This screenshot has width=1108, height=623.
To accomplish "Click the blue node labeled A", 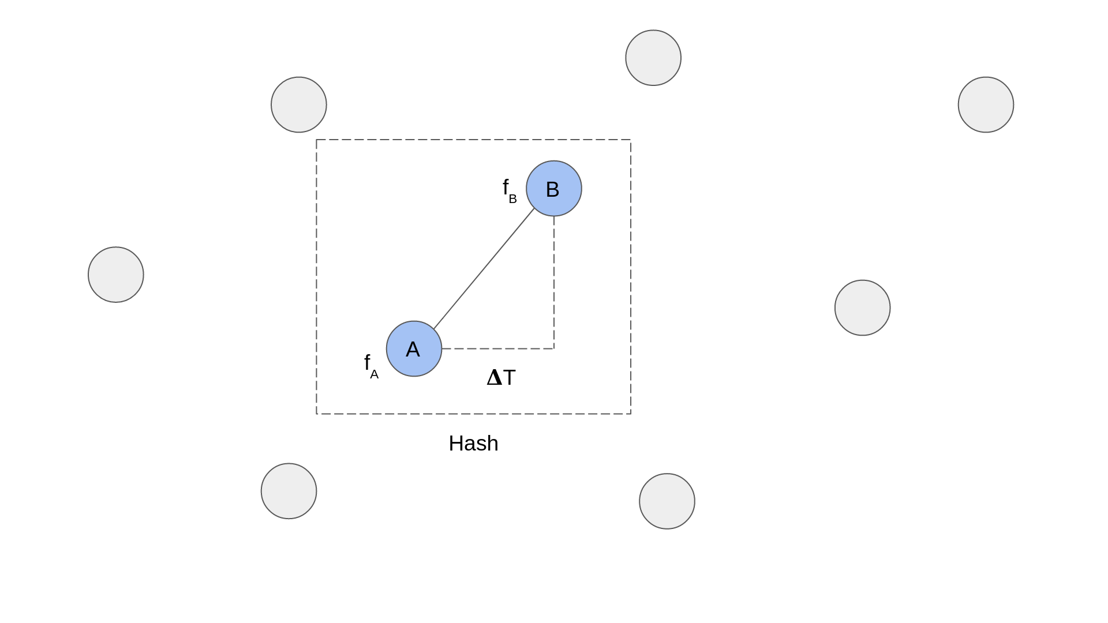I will tap(414, 349).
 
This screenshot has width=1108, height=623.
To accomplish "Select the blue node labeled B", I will tap(553, 189).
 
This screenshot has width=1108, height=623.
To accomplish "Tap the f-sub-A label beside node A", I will tap(370, 366).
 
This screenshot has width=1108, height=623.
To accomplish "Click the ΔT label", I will tap(501, 378).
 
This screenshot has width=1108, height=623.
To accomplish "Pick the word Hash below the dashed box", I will tap(473, 444).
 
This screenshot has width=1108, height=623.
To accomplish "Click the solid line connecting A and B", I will tap(484, 269).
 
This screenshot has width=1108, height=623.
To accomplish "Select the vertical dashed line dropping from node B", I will tap(554, 283).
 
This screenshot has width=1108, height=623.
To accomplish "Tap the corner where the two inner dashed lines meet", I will tap(554, 348).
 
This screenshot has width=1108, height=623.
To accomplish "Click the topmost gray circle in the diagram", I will tap(653, 58).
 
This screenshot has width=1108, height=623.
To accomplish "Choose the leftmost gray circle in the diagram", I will tap(116, 275).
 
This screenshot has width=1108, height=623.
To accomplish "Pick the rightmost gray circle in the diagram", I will tap(986, 104).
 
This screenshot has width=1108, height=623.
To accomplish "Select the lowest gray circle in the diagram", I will tap(667, 501).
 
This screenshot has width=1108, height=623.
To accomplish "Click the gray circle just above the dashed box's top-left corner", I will tap(299, 104).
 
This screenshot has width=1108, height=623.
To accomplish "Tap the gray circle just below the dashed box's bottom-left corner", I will tap(289, 491).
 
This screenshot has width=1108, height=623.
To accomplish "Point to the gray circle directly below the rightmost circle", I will tap(862, 307).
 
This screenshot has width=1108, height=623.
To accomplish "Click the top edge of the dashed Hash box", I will tap(473, 140).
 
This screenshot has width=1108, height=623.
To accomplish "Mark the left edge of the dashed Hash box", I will tap(316, 277).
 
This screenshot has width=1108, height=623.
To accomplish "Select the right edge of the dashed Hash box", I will tap(631, 277).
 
